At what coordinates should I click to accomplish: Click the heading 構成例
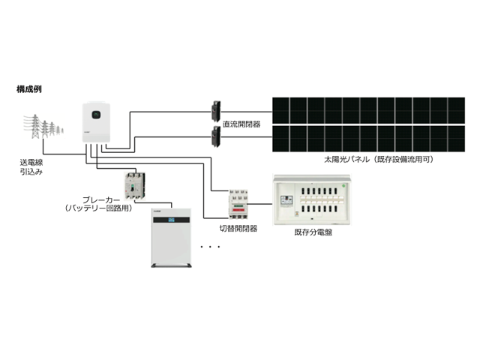(x=29, y=89)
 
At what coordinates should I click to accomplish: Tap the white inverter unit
(x=96, y=122)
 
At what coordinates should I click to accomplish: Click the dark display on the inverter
(x=97, y=115)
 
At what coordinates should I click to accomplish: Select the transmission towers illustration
(x=43, y=126)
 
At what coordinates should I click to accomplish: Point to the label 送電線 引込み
(x=31, y=166)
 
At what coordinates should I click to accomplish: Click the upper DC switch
(x=216, y=112)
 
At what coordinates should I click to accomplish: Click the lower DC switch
(x=216, y=137)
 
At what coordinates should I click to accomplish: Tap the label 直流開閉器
(x=241, y=124)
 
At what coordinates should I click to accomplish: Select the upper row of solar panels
(x=368, y=110)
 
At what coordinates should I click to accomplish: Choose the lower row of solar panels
(x=368, y=139)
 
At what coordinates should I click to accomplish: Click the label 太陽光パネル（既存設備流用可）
(x=379, y=160)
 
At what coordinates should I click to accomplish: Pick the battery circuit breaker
(x=135, y=186)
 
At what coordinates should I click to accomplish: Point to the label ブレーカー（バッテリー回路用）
(x=98, y=204)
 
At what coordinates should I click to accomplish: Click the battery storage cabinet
(x=172, y=238)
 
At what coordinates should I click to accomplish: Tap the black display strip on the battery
(x=172, y=220)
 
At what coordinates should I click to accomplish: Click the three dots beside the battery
(x=210, y=247)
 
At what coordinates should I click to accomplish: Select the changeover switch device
(x=238, y=204)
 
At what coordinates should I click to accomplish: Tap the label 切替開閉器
(x=238, y=228)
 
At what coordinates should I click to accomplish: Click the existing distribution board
(x=312, y=200)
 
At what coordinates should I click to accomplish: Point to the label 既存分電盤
(x=313, y=232)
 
